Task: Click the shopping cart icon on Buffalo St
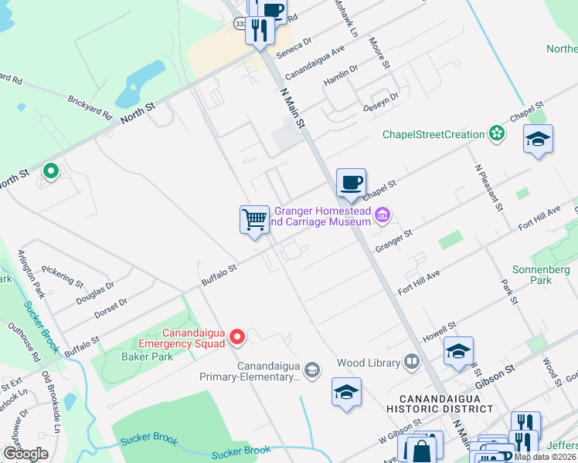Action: pyautogui.click(x=254, y=220)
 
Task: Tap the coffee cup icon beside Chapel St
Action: pyautogui.click(x=351, y=183)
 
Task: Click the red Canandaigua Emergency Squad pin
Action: pyautogui.click(x=238, y=336)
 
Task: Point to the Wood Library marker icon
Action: pyautogui.click(x=413, y=362)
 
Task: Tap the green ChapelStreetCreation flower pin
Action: pyautogui.click(x=498, y=134)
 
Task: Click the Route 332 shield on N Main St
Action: pyautogui.click(x=240, y=25)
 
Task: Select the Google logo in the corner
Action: pyautogui.click(x=25, y=453)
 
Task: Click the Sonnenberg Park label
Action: pyautogui.click(x=541, y=275)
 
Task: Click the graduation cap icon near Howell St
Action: pyautogui.click(x=459, y=351)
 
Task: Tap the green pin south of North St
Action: pyautogui.click(x=51, y=171)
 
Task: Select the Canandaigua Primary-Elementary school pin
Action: pyautogui.click(x=311, y=371)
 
